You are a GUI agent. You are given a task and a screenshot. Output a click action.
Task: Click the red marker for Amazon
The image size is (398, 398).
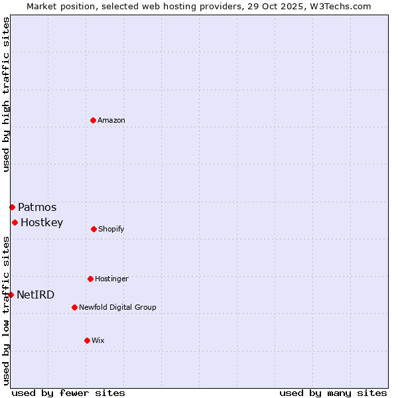[94, 120]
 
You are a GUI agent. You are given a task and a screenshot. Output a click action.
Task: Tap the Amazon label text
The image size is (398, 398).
[111, 121]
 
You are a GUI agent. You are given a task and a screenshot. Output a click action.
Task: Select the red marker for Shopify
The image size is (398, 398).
[94, 229]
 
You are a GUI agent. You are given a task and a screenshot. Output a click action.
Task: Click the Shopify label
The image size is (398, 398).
[111, 230]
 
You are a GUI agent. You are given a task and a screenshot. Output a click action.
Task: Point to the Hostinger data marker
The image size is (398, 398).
[90, 279]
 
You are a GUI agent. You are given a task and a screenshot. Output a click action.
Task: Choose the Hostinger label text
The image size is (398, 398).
[111, 279]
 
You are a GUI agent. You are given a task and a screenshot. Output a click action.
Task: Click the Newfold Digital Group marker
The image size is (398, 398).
[74, 307]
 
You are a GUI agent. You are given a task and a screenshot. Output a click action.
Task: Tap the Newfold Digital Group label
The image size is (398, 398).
[117, 308]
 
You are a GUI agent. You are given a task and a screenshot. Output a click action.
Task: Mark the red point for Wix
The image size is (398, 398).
[87, 340]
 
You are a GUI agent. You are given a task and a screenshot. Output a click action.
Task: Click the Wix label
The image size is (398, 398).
[98, 341]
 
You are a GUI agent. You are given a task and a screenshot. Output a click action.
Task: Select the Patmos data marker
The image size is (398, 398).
[12, 207]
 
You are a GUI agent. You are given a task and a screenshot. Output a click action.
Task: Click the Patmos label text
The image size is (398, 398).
[37, 208]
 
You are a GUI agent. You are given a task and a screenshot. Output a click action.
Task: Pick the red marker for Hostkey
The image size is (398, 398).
[15, 222]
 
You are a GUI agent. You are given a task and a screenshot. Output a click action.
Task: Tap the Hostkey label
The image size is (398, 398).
[42, 223]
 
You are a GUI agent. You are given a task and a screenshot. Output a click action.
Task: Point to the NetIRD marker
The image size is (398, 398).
[11, 295]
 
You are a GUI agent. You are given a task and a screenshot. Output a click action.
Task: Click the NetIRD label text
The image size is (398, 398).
[36, 295]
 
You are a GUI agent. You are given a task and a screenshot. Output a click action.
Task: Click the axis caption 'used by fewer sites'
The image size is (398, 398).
[68, 393]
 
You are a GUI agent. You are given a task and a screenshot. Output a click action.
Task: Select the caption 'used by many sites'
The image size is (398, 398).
[333, 393]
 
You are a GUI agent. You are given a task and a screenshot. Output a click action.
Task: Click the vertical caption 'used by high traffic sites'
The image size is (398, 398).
[6, 94]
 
